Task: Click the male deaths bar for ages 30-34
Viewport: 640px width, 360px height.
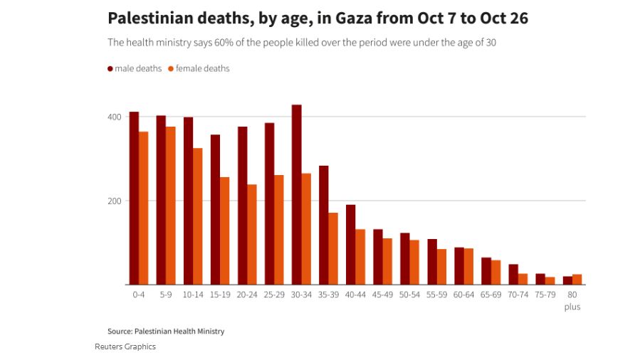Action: coord(297,195)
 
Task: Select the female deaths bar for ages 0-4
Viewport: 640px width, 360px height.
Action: coord(143,208)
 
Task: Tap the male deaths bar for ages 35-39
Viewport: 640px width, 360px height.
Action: coord(324,226)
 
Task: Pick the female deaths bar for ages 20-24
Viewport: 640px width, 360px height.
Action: coord(251,235)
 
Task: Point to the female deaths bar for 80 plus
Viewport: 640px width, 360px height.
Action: coord(577,280)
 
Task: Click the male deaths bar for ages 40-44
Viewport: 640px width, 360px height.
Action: coord(351,245)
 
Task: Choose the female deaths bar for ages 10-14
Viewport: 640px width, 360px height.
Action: coord(197,216)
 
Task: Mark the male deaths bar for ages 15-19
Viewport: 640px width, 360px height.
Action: coord(215,210)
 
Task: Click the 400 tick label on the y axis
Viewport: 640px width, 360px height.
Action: coord(114,117)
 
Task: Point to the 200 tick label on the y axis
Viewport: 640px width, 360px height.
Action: coord(114,201)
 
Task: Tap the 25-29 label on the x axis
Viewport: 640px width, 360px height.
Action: coord(274,295)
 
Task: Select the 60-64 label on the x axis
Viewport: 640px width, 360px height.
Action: coord(463,295)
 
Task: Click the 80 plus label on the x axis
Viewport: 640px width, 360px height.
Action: coord(572,300)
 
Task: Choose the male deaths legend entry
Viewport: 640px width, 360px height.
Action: coord(135,68)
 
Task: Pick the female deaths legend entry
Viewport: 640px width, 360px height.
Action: coord(199,68)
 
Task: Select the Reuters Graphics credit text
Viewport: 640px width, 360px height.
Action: coord(125,346)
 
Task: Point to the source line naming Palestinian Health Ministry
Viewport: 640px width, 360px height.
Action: coord(166,331)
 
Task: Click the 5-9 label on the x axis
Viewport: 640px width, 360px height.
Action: coord(166,295)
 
